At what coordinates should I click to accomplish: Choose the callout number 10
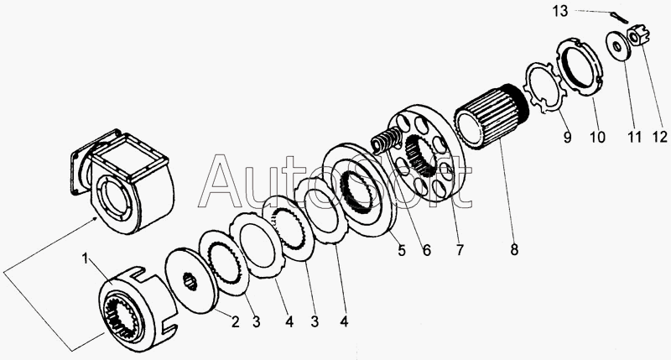(596, 136)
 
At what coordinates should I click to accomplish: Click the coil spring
(387, 138)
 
